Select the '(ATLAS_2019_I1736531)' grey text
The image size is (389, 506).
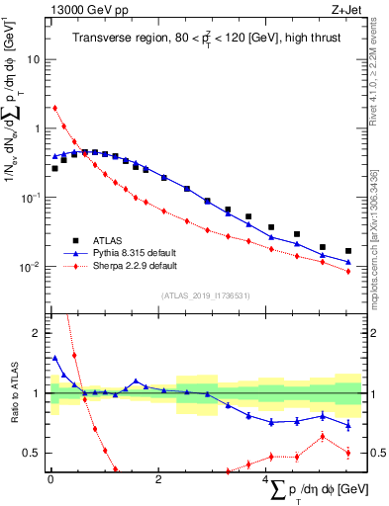pyautogui.click(x=206, y=295)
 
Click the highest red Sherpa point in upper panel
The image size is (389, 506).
pyautogui.click(x=55, y=108)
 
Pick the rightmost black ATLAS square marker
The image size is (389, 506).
pyautogui.click(x=347, y=251)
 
